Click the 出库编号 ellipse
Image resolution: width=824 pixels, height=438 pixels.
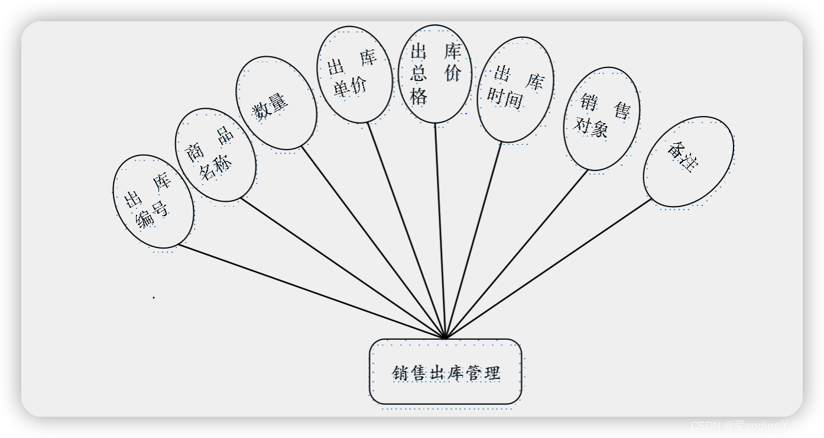(153, 202)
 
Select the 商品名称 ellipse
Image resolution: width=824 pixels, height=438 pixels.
(216, 154)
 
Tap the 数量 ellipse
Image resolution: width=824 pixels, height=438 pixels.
(276, 103)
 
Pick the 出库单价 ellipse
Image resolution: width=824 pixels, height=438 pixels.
(355, 75)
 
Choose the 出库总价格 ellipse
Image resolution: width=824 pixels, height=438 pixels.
(435, 73)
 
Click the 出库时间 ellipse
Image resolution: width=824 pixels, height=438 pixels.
(515, 89)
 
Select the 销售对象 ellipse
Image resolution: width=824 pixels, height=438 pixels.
(602, 118)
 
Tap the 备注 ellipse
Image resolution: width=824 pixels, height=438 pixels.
(688, 162)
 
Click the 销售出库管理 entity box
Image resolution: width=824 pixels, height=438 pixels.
(446, 372)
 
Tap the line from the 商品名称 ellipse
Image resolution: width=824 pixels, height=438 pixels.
(343, 268)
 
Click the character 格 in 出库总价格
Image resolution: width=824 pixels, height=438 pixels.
(419, 96)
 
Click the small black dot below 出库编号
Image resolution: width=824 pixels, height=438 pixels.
(154, 297)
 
